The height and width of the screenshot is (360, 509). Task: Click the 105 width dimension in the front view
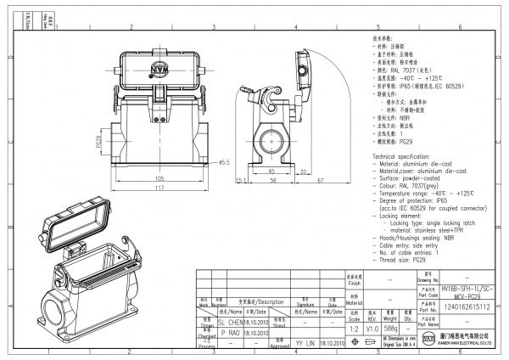point(159,178)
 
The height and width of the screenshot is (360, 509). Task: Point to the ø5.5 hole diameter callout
point(225,162)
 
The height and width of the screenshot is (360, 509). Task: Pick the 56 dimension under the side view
point(273,180)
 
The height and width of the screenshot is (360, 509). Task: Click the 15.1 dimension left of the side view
point(241,180)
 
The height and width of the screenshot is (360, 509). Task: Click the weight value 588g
point(391,328)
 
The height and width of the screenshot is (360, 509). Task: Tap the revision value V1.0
point(372,328)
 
